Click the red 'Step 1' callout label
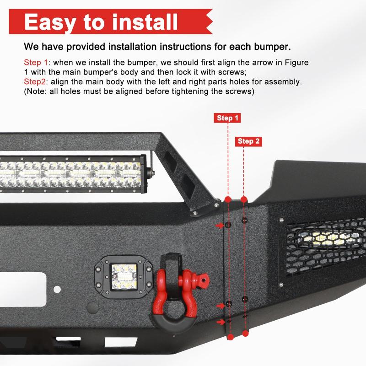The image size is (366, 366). point(227,118)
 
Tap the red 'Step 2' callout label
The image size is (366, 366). point(249,141)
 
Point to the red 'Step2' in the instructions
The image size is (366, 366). point(36,82)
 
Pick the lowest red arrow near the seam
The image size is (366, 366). point(221,322)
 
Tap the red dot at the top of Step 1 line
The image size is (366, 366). point(228,200)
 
